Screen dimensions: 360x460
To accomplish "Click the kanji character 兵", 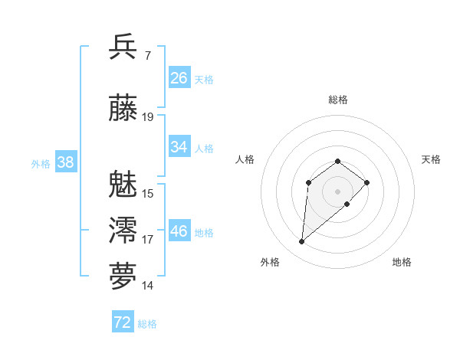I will point(123,47).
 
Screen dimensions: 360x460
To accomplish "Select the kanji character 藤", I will point(123,109).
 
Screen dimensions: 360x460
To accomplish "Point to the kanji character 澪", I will point(123,231).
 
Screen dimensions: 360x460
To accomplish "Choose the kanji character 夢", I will point(123,277).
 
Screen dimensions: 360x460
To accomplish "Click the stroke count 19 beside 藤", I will point(148,117).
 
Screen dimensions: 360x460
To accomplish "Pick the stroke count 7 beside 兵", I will point(147,55).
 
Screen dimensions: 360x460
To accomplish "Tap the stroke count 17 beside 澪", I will point(148,240).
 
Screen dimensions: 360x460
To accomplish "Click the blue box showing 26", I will point(179,78).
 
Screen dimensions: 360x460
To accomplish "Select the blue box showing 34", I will point(179,147).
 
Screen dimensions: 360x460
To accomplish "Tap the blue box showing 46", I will point(179,231).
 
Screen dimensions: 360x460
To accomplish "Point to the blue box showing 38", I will point(65,162).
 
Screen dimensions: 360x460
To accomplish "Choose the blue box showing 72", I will point(122,322).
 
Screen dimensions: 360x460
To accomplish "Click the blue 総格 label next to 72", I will point(147,324).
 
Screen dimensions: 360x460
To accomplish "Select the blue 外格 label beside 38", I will point(41,163).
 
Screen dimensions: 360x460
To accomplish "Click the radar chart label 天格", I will point(431,159).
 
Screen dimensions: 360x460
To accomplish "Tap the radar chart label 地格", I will point(402,262).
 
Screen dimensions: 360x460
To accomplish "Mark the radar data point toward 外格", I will point(302,242).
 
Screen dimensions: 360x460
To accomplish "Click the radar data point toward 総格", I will point(337,161).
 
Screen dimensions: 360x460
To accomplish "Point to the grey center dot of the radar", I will point(337,191).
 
